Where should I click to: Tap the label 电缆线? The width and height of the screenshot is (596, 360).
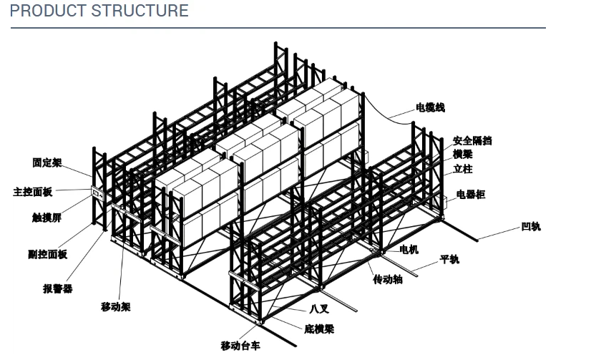[x=430, y=107]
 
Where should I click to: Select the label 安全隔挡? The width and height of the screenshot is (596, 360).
[x=472, y=141]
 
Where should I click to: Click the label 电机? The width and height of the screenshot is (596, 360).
[x=409, y=249]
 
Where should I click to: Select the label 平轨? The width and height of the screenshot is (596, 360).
[x=449, y=259]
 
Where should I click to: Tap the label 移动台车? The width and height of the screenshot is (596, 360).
[x=240, y=346]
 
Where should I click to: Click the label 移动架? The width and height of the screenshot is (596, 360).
[x=115, y=306]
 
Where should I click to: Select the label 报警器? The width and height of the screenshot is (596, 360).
[x=58, y=288]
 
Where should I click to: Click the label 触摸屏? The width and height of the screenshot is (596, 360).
[x=47, y=218]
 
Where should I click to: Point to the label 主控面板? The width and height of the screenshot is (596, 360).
[x=33, y=192]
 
